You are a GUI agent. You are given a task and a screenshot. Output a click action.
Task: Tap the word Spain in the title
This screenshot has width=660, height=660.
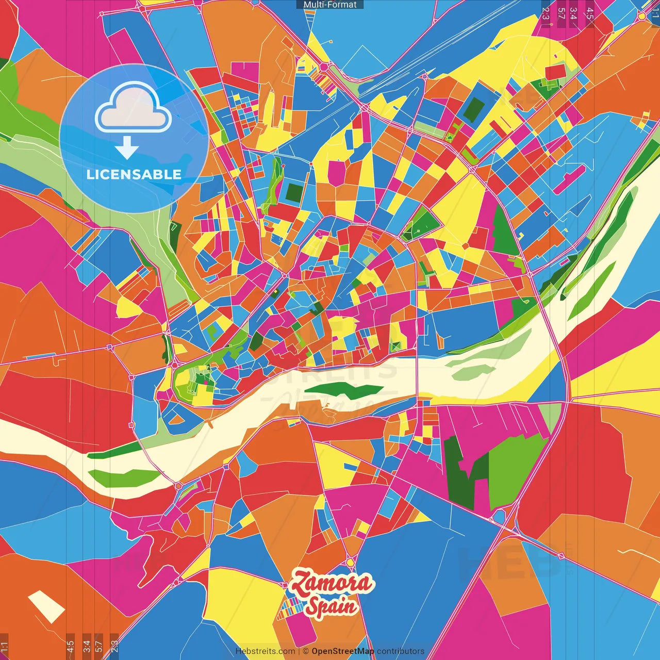331,606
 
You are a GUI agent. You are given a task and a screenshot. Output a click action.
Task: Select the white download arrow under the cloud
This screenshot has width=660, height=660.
127,148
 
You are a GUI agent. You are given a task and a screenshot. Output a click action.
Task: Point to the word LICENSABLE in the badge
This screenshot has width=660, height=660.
134,174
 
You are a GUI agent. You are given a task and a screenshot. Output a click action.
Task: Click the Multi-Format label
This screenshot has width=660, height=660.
330,5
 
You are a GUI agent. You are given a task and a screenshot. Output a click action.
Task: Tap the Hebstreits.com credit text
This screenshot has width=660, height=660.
265,651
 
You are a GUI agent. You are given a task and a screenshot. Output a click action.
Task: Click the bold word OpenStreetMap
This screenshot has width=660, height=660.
343,651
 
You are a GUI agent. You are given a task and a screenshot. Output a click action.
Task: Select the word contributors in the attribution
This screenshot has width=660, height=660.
401,651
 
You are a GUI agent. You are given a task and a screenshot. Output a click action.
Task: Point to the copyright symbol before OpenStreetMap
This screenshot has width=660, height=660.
306,651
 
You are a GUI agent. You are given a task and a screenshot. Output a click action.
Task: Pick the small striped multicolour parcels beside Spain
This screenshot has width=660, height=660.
288,609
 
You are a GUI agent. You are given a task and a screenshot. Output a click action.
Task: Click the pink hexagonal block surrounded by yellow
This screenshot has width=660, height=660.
337,173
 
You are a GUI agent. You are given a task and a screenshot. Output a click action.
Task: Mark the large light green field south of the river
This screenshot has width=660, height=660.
516,467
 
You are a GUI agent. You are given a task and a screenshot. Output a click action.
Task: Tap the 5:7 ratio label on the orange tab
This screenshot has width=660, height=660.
98,646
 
